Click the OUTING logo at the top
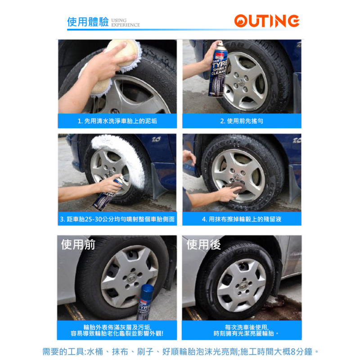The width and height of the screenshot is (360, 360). coord(266,21)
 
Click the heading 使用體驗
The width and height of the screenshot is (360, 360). coord(88,22)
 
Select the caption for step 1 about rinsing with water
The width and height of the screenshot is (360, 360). coord(117,121)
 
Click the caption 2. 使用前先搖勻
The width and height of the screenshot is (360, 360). coord(242,121)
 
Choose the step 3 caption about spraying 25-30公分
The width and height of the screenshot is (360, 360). coord(117,219)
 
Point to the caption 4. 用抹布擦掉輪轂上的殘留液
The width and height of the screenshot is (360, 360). coord(242,219)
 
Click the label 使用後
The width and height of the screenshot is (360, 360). coord(203,245)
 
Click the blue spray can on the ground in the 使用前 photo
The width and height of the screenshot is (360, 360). coord(147,301)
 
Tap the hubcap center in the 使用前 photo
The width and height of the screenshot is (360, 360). coord(129,277)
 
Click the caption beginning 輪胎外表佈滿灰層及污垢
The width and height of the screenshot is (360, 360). coord(117,330)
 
